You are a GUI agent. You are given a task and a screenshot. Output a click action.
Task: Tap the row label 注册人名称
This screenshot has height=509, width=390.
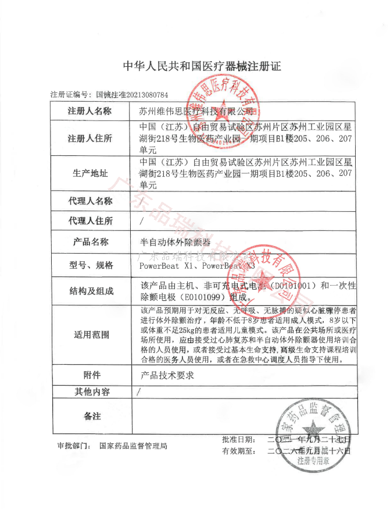tap(90, 111)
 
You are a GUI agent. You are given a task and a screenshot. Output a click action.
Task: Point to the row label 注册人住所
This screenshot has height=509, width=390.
tap(90, 138)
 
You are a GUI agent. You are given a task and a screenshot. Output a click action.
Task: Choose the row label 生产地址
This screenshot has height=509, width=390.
tap(90, 173)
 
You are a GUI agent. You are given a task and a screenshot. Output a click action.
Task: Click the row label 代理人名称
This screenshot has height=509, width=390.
tap(90, 201)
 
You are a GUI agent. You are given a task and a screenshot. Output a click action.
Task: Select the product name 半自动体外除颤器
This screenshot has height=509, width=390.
tap(174, 242)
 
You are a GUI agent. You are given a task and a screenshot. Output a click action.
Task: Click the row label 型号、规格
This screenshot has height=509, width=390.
tap(91, 265)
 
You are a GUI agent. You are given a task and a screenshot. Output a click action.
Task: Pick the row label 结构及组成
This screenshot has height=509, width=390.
tap(91, 291)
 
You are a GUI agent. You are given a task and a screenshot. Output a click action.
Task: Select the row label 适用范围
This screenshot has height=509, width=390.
tap(90, 334)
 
